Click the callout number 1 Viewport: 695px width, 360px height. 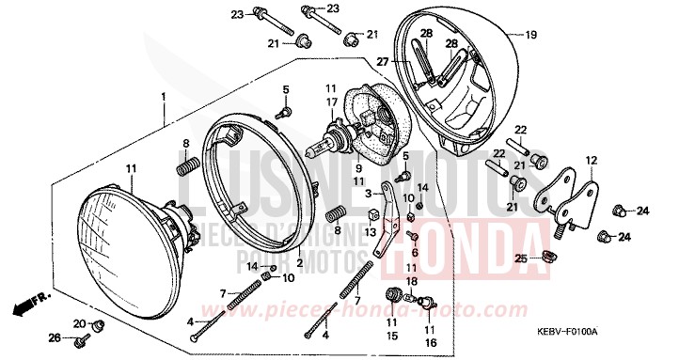click(x=163, y=97)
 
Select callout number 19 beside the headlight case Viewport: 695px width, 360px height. click(x=530, y=36)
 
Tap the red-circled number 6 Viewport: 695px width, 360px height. click(x=414, y=253)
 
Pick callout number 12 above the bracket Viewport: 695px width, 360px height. click(x=591, y=160)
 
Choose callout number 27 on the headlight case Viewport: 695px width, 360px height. click(x=383, y=62)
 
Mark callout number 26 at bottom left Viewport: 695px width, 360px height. click(x=55, y=337)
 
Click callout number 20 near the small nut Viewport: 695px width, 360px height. click(x=80, y=323)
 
